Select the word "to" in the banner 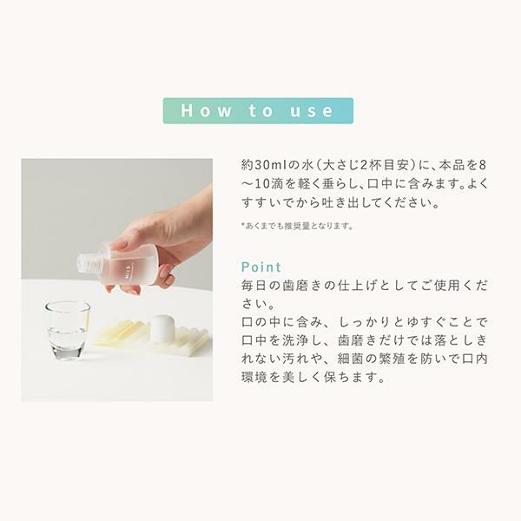pos(260,110)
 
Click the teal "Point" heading pos(261,267)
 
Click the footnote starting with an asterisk pos(297,226)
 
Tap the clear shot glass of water pos(67,330)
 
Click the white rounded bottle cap pos(162,327)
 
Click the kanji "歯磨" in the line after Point pos(295,286)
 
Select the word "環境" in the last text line pos(254,378)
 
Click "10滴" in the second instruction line pos(268,184)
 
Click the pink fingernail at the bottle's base pos(164,272)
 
